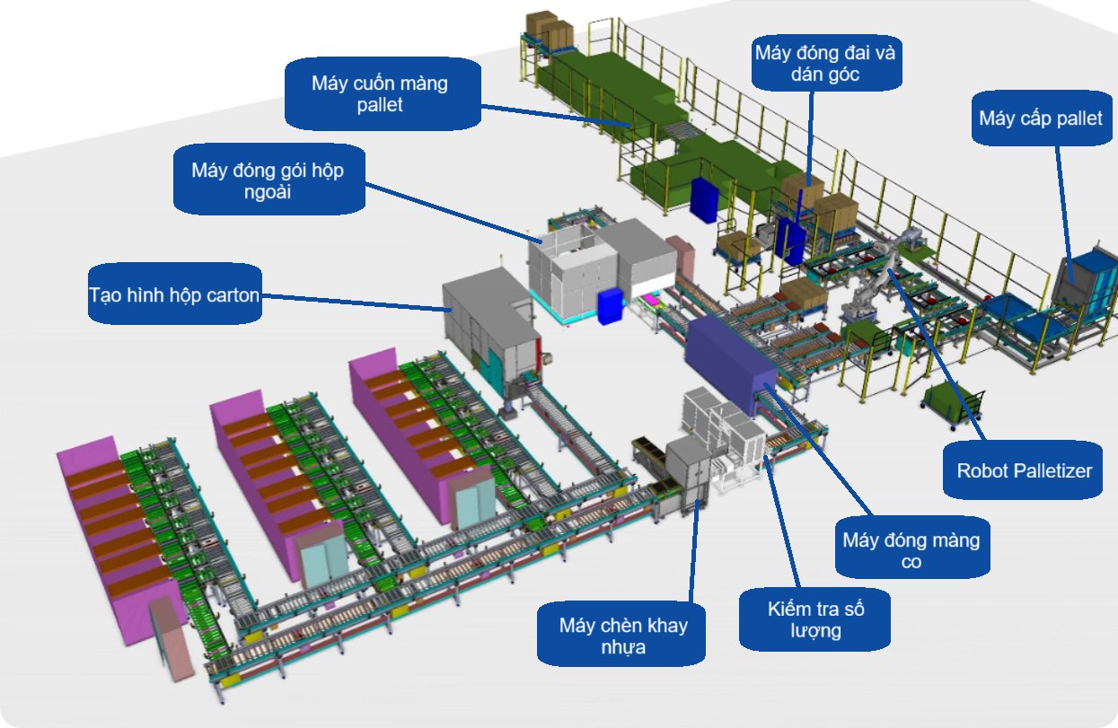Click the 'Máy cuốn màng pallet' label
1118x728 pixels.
pos(381,93)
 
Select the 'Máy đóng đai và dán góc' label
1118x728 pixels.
pos(824,63)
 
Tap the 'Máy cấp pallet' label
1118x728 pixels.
pos(1040,118)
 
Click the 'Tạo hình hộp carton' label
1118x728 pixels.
pos(175,294)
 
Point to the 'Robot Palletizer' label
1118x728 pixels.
pos(1024,470)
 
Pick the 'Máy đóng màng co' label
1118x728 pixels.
pos(911,550)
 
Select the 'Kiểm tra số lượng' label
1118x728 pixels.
pos(815,618)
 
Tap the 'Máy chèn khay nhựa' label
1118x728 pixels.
pos(621,636)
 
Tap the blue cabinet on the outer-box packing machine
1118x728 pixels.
pos(610,306)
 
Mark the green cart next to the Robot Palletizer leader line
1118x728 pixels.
pos(952,400)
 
